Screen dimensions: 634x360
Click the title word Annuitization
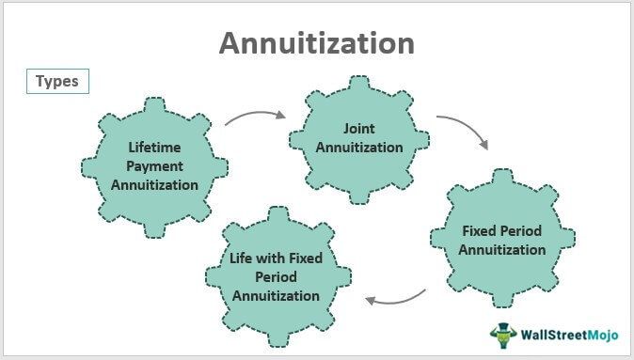pyautogui.click(x=316, y=43)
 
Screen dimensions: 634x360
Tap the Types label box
pyautogui.click(x=57, y=82)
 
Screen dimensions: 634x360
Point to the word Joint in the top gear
pyautogui.click(x=358, y=128)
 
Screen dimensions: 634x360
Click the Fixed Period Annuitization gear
pyautogui.click(x=502, y=240)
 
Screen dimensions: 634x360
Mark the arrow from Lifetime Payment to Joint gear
pyautogui.click(x=254, y=117)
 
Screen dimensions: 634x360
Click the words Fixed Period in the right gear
pyautogui.click(x=502, y=230)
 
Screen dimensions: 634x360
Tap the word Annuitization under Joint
pyautogui.click(x=358, y=147)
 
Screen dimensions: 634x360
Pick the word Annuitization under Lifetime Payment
pyautogui.click(x=154, y=184)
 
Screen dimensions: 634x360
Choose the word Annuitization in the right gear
pyautogui.click(x=502, y=250)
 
